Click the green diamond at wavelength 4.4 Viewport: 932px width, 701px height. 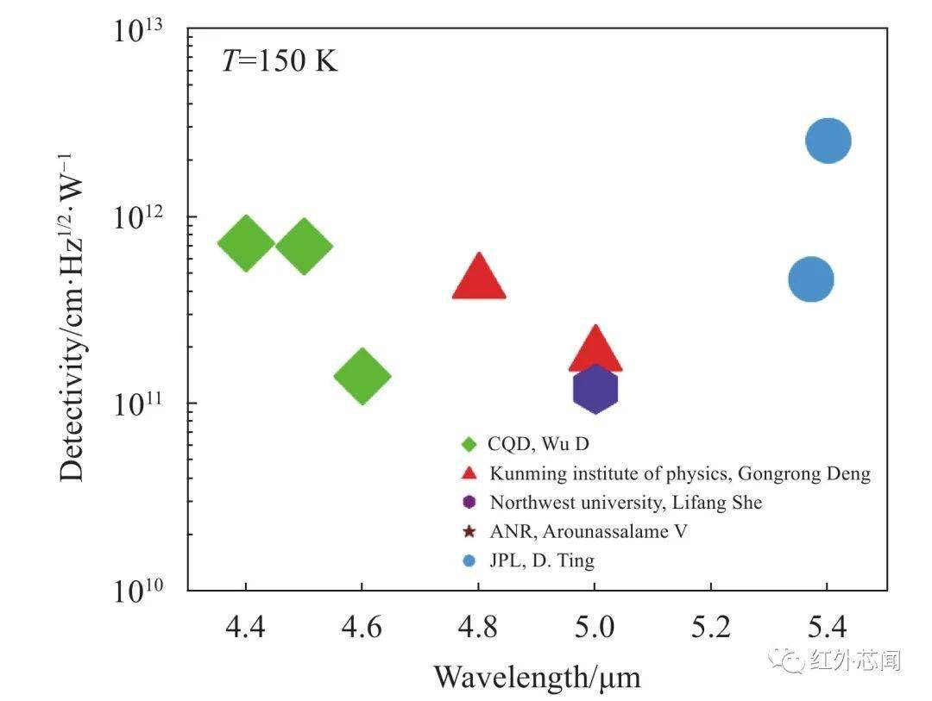pos(246,244)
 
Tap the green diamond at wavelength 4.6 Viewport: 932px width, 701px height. pos(362,376)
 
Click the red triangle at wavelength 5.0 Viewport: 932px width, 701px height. pos(595,351)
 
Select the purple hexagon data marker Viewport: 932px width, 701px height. pos(595,390)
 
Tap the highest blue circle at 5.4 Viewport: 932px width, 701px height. pos(828,141)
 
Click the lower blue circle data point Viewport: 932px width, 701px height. pos(811,279)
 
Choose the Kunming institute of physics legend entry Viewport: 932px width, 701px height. pos(680,473)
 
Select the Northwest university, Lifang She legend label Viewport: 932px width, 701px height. pos(626,502)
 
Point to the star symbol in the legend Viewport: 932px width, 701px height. pos(469,531)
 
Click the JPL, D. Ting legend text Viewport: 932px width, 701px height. pos(542,560)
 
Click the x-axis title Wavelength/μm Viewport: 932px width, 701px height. pos(537,677)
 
